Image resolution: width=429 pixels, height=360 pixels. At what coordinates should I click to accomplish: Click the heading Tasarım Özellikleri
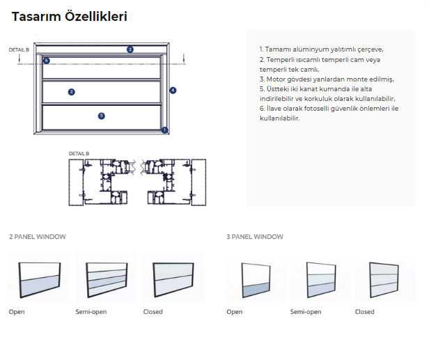pyautogui.click(x=70, y=16)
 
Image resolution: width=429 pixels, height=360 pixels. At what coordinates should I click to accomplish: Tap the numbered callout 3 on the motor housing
pyautogui.click(x=130, y=49)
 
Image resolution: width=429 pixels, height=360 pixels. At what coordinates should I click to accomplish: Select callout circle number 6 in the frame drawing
pyautogui.click(x=46, y=61)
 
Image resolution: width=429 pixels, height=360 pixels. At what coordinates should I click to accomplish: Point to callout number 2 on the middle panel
pyautogui.click(x=72, y=92)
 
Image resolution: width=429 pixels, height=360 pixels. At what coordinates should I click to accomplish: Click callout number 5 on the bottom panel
pyautogui.click(x=102, y=116)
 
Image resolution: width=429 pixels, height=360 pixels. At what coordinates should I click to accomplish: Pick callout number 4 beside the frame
pyautogui.click(x=173, y=91)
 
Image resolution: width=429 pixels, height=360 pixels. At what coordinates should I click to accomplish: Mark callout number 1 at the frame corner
pyautogui.click(x=164, y=130)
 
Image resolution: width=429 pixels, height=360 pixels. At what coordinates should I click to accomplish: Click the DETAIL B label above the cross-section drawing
pyautogui.click(x=79, y=153)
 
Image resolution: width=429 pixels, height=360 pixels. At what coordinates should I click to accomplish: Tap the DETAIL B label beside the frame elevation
pyautogui.click(x=19, y=50)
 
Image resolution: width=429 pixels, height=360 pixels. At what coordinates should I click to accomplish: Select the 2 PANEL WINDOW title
pyautogui.click(x=38, y=237)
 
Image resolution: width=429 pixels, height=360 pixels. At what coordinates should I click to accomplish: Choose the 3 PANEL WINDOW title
pyautogui.click(x=255, y=237)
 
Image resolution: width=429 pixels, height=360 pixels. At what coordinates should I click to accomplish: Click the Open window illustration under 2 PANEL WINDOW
pyautogui.click(x=40, y=280)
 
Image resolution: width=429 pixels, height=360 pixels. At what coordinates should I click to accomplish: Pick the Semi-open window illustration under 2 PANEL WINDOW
pyautogui.click(x=107, y=280)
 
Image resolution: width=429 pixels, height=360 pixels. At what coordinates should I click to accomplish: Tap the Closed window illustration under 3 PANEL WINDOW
pyautogui.click(x=384, y=280)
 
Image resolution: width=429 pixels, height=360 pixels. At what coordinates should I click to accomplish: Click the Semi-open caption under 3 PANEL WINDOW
pyautogui.click(x=306, y=312)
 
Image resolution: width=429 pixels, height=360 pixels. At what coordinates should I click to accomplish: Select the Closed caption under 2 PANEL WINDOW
pyautogui.click(x=153, y=312)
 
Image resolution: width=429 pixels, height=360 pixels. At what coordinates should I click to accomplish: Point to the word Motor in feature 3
pyautogui.click(x=275, y=79)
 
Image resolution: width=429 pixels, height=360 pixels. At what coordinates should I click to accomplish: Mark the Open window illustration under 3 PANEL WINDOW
pyautogui.click(x=256, y=280)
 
